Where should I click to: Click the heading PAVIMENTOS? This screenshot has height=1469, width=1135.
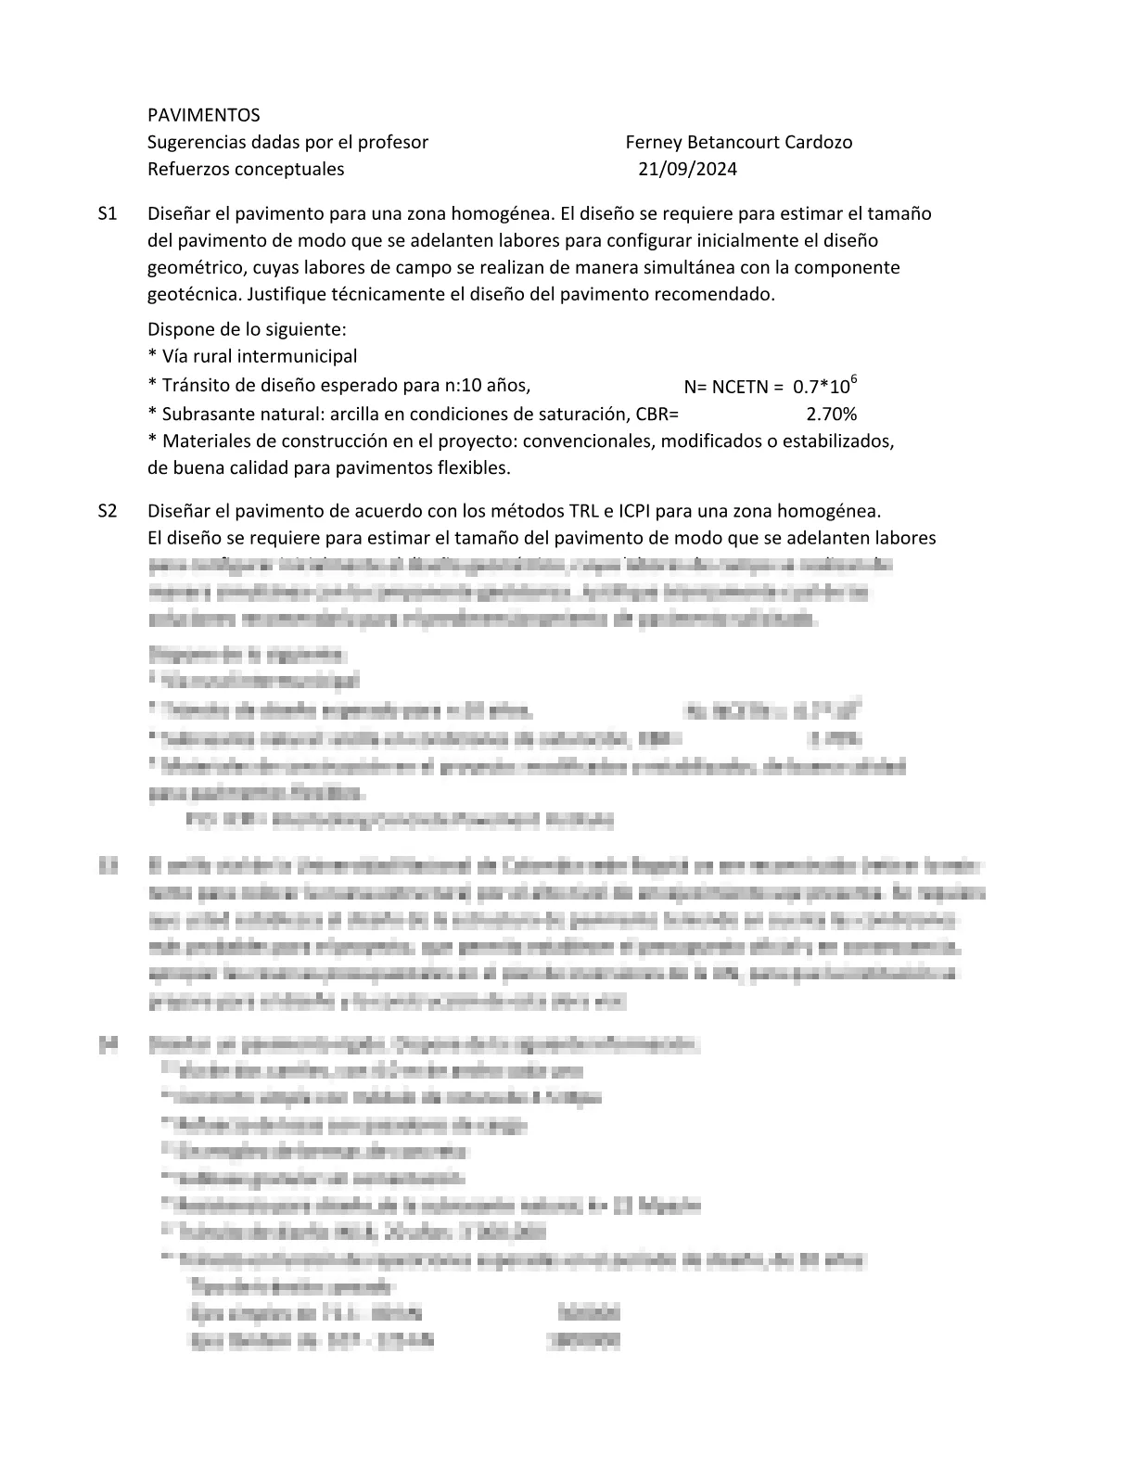click(x=204, y=115)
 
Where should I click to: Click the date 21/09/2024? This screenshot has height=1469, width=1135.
click(x=688, y=169)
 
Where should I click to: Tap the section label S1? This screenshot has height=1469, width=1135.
click(x=108, y=213)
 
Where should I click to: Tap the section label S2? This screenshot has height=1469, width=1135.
click(x=108, y=511)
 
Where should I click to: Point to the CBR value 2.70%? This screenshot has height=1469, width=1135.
click(x=832, y=414)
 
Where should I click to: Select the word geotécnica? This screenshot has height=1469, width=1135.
click(x=190, y=294)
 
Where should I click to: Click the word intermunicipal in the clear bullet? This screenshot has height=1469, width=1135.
click(x=297, y=356)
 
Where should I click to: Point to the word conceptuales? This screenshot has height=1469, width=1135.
click(x=289, y=169)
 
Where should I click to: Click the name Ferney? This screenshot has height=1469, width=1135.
click(x=654, y=142)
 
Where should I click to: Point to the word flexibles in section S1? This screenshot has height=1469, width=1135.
click(x=474, y=467)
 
